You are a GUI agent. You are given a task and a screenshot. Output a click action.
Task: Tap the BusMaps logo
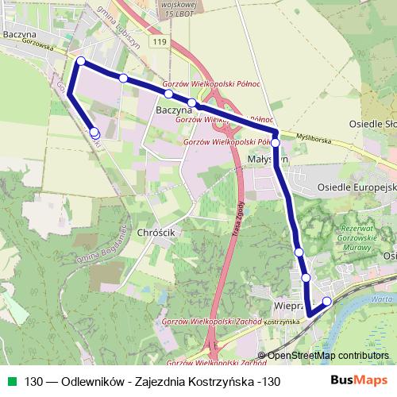362,381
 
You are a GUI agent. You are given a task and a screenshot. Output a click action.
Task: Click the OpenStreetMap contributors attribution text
327,356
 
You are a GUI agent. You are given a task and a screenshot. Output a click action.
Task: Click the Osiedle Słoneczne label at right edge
373,125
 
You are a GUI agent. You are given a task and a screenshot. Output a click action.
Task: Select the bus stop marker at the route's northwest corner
79,61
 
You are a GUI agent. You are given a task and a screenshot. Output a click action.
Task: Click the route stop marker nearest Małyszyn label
276,143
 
